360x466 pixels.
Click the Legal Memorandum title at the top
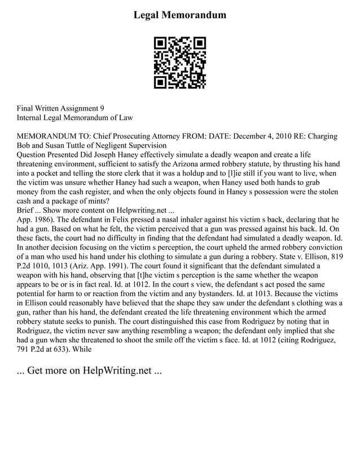click(179, 15)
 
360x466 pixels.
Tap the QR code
click(180, 63)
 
